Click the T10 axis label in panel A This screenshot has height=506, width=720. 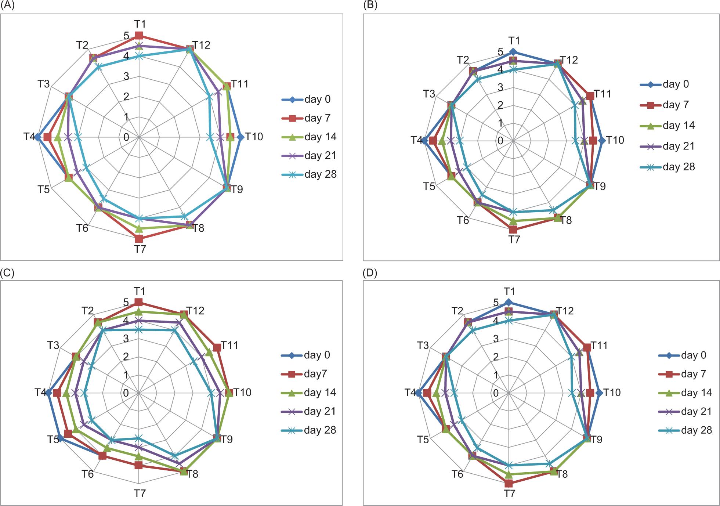254,137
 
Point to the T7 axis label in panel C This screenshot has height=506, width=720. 140,493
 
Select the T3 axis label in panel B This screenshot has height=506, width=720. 429,94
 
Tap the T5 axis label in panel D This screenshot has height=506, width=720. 423,440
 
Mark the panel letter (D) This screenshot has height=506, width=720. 370,273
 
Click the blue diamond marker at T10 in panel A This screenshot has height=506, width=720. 240,137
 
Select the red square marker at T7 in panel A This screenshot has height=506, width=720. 139,239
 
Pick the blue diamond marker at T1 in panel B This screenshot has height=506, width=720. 513,52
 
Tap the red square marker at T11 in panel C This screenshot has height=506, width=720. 217,347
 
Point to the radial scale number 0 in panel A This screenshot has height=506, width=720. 126,137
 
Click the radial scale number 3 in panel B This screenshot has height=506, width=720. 500,87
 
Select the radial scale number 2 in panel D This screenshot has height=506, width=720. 496,357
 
